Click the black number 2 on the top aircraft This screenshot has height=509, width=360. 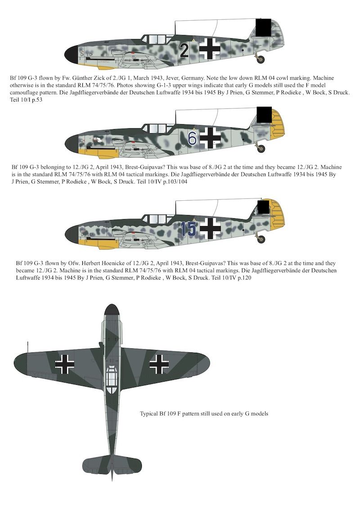click(x=184, y=51)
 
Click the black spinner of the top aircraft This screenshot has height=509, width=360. click(x=72, y=54)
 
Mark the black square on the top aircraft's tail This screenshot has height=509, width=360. click(x=263, y=27)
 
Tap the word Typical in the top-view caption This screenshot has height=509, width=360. click(x=150, y=413)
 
